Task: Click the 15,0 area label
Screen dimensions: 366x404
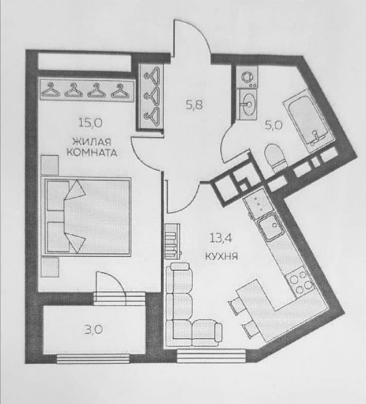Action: coord(90,123)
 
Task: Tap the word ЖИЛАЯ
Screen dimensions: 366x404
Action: coord(91,142)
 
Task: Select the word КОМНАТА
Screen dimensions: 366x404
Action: coord(92,153)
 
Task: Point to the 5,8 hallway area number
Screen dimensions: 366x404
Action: coord(194,105)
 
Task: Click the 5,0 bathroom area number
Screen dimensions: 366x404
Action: coord(273,125)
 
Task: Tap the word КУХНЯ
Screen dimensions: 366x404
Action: coord(221,256)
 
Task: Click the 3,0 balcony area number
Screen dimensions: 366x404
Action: coord(94,330)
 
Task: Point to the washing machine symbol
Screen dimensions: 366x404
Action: coord(247,77)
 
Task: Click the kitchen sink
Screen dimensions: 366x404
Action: coord(271,228)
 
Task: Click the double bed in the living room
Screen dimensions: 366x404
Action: coord(87,216)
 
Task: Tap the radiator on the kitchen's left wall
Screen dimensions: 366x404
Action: coord(172,241)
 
